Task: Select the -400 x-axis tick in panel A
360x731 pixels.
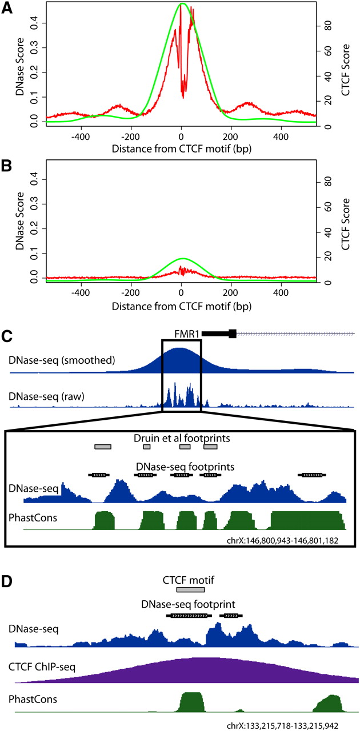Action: (81, 136)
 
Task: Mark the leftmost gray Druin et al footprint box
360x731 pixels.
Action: (103, 447)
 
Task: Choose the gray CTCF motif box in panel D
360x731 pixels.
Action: (190, 590)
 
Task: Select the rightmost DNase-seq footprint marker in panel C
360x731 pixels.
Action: (312, 475)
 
